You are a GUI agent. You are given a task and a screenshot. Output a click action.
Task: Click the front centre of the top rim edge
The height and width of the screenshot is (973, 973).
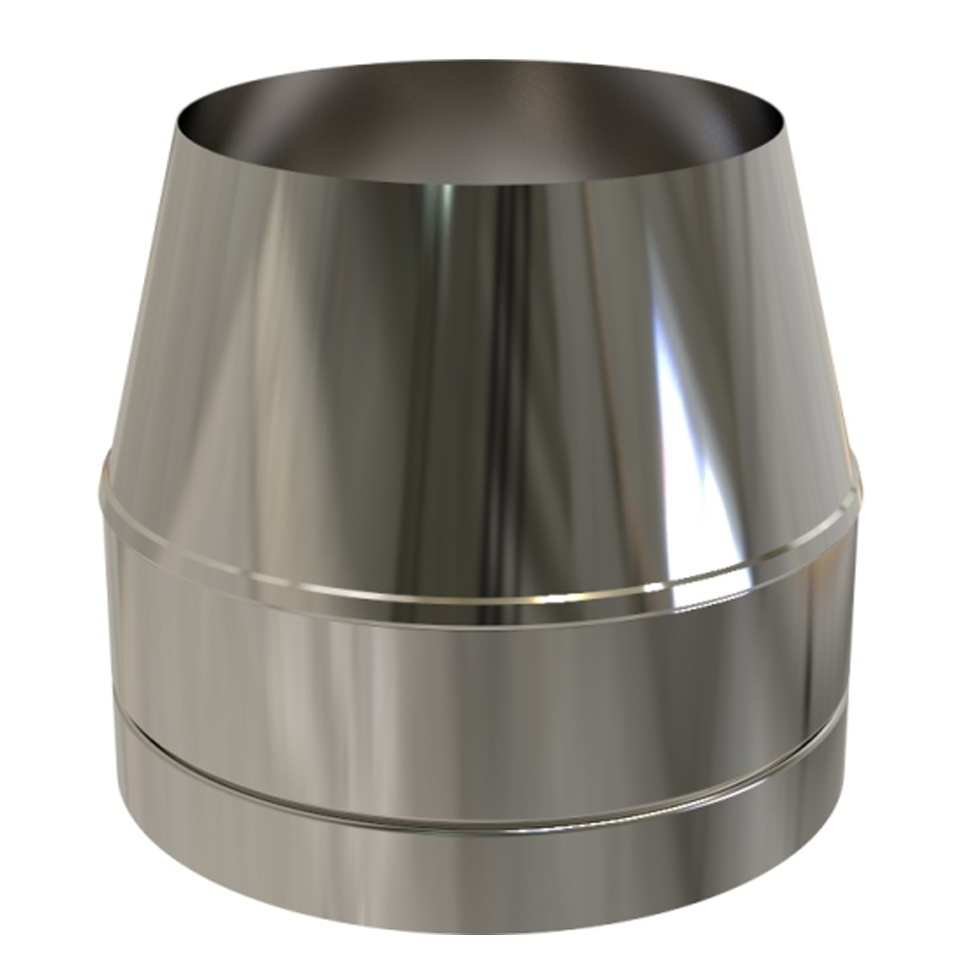486,185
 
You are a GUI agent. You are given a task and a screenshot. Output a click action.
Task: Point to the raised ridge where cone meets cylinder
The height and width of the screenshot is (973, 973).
486,595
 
